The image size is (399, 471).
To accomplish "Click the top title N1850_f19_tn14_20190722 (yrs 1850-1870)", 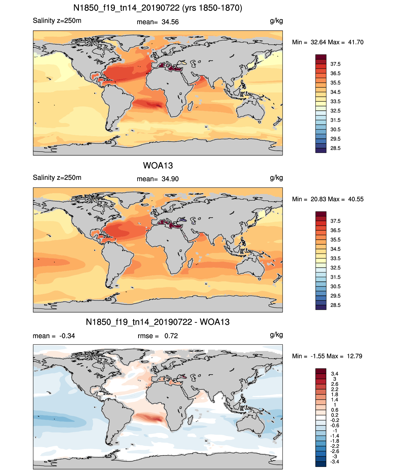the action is coord(158,8).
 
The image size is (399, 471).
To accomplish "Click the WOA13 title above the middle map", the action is coord(158,166).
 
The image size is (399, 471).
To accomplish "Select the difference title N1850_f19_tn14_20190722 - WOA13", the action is coord(158,322).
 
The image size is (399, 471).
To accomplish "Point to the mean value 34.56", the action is coord(170,22).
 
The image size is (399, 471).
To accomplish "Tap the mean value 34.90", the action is coord(170,179).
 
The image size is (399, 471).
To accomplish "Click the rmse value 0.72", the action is coord(171,336).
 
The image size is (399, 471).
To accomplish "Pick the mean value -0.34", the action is coord(67,336).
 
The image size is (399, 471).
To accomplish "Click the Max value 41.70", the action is coord(356,42).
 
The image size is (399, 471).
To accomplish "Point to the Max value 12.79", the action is coord(355,356).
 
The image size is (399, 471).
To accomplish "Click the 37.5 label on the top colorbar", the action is coord(335,64).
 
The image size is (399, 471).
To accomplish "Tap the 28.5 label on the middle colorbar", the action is coord(335,305).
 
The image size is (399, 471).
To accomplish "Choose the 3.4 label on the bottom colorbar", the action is coord(335,374).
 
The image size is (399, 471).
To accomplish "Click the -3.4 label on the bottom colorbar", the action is coord(334,462).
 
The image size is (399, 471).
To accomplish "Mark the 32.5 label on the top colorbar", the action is coord(335,111).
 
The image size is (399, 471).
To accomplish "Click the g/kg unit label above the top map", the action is coord(276,21).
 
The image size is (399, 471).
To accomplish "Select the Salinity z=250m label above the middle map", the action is coord(57,177).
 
